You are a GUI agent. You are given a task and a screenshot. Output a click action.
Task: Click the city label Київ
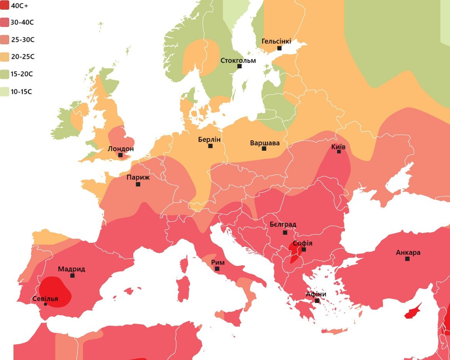(338, 147)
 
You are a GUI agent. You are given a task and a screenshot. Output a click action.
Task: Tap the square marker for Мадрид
(72, 276)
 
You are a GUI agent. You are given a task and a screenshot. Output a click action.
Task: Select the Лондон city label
(121, 149)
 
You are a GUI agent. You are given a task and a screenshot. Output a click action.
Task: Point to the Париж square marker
(138, 184)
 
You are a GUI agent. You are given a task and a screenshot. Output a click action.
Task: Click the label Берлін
(209, 140)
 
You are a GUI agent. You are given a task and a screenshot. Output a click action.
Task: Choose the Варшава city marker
(264, 148)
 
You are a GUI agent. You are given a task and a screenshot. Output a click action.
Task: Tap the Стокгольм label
(238, 60)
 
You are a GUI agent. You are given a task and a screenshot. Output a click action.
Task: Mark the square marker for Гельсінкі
(279, 48)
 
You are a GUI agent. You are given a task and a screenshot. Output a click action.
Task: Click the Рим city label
(218, 262)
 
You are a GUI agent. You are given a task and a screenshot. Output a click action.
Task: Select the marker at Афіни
(317, 301)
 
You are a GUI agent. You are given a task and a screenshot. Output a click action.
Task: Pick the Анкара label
(408, 252)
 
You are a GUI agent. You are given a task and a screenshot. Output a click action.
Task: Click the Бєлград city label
(283, 224)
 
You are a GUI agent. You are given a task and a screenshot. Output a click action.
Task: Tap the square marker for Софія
(304, 249)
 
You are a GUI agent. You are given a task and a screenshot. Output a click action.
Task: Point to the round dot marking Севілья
(45, 304)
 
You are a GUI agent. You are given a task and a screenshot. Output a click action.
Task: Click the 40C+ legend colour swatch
(5, 5)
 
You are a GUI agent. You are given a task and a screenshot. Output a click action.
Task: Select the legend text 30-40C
(22, 22)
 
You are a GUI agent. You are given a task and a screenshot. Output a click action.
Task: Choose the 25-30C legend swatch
(5, 40)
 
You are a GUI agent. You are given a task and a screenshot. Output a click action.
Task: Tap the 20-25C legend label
(23, 57)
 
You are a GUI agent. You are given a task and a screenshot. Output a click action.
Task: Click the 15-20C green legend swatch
(5, 74)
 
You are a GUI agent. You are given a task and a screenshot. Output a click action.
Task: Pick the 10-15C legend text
(22, 92)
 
